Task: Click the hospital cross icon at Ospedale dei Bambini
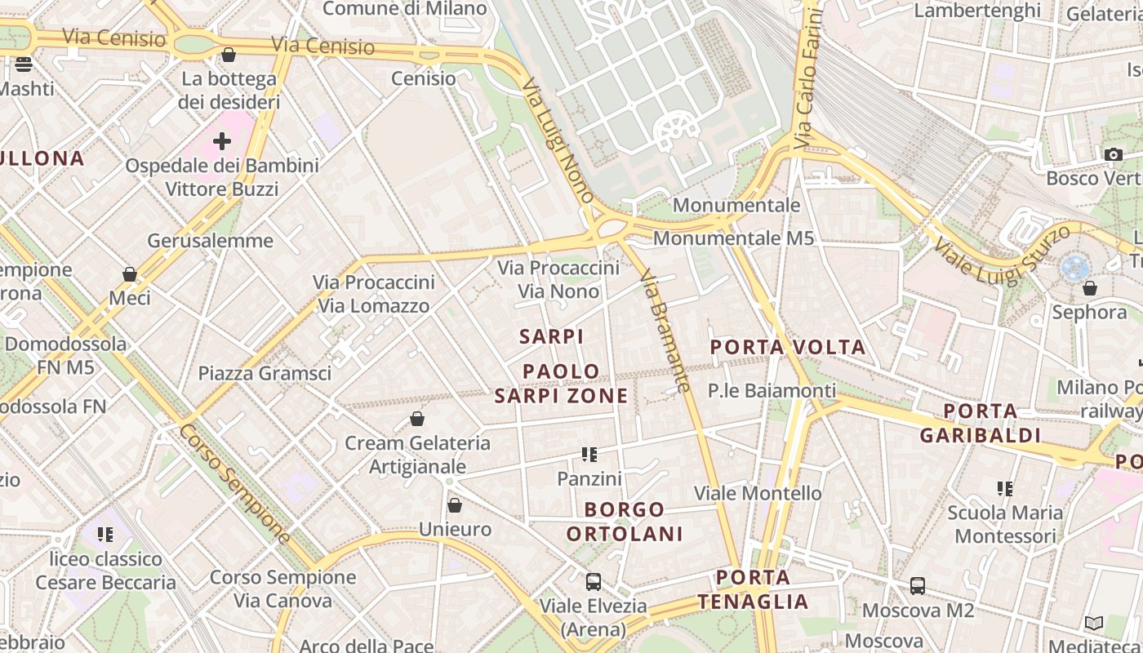click(x=221, y=142)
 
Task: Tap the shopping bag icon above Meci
click(x=130, y=274)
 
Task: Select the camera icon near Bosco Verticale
click(x=1113, y=154)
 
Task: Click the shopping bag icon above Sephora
click(x=1089, y=288)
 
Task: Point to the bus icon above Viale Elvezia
click(x=594, y=582)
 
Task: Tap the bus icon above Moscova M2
click(x=918, y=586)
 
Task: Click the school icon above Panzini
click(x=589, y=455)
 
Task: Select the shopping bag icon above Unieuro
click(x=455, y=505)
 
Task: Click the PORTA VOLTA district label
click(x=787, y=348)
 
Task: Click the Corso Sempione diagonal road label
click(x=234, y=483)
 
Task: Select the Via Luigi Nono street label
click(x=558, y=140)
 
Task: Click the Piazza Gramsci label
click(x=265, y=374)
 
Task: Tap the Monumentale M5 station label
click(x=733, y=238)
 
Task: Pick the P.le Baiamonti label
click(x=772, y=391)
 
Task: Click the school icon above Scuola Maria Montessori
click(x=1004, y=489)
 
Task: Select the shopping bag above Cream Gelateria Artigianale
click(x=417, y=420)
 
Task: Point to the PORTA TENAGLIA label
click(x=753, y=589)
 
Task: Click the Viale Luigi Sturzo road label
click(x=1001, y=254)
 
